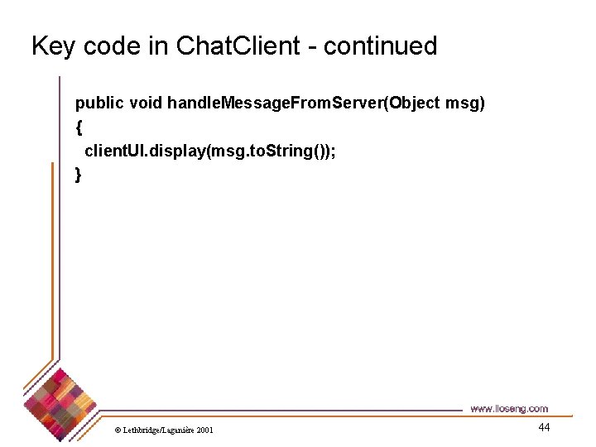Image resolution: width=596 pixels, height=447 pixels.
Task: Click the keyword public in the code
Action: tap(99, 103)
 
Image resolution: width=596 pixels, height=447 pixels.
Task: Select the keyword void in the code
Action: tap(146, 103)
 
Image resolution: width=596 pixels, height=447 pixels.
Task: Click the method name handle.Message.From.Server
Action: tap(276, 103)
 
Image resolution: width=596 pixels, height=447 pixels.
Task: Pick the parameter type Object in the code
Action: tap(416, 103)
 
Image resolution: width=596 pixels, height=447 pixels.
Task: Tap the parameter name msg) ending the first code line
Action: tap(466, 103)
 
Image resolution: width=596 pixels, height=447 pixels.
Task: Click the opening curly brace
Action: tap(79, 127)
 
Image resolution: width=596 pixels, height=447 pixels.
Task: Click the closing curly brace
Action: tap(79, 175)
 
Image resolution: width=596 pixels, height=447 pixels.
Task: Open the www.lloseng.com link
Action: tap(509, 408)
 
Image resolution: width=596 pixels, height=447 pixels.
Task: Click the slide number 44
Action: tap(544, 427)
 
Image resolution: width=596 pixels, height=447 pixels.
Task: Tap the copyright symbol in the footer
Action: tap(118, 430)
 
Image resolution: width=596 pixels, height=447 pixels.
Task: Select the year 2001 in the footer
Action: tap(204, 430)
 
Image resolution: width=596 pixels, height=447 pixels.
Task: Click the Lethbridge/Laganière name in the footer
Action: tap(158, 430)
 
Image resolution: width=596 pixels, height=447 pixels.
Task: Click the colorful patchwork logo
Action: tap(60, 402)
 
